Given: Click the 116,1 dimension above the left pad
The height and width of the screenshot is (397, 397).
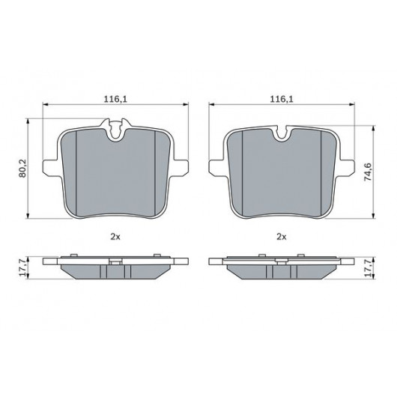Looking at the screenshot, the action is tap(115, 99).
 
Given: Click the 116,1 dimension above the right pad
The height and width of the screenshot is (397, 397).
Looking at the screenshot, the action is tap(282, 99).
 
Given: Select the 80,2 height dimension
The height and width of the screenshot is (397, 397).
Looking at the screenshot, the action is tap(22, 169).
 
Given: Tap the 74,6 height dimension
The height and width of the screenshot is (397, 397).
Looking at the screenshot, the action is tap(368, 172).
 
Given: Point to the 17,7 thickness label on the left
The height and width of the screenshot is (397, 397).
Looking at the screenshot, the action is tap(22, 267).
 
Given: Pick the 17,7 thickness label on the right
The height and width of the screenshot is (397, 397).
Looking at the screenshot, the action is tap(368, 267).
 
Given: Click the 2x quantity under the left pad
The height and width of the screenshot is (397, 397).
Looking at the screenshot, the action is tap(115, 237).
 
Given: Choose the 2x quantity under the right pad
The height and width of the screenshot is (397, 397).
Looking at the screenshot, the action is tap(282, 237).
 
